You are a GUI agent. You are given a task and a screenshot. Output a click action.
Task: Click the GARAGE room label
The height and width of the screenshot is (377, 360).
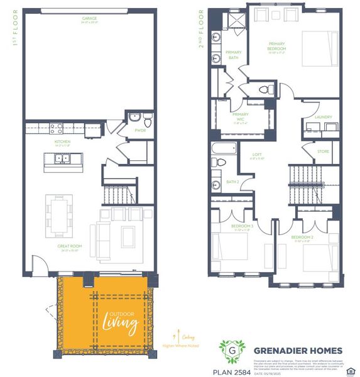[89, 18]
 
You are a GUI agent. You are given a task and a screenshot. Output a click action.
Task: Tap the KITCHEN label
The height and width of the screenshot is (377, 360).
[62, 142]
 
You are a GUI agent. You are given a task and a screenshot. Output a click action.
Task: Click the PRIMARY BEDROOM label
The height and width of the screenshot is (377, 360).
[276, 48]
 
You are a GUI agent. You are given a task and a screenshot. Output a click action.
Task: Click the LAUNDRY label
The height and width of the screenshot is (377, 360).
[323, 117]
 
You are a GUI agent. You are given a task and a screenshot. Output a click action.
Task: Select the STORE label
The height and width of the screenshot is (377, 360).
[323, 151]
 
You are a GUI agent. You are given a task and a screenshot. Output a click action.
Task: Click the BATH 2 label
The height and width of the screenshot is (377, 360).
[232, 182]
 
